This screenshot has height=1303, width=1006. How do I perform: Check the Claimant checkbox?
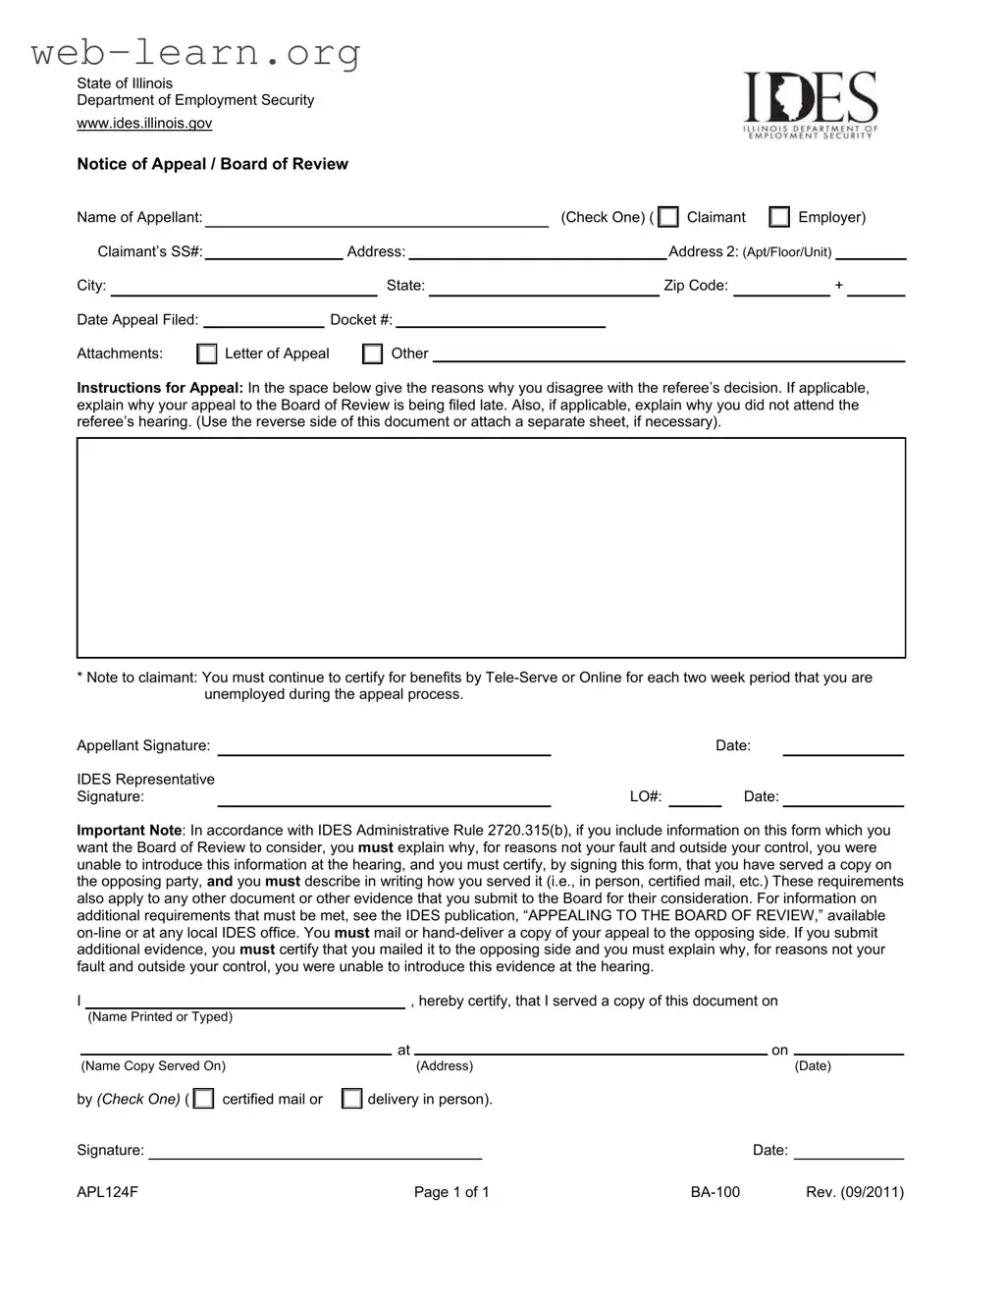coord(668,217)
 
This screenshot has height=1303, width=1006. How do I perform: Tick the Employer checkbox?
coord(779,217)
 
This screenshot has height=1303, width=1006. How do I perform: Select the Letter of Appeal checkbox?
coord(207,353)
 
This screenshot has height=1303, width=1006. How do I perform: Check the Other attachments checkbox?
coord(373,353)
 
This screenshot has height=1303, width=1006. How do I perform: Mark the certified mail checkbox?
coord(203,1099)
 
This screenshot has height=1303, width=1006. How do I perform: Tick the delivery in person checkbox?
coord(351,1099)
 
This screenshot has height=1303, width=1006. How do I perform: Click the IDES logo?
coord(810,105)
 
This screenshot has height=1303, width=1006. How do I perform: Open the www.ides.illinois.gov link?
coord(144,123)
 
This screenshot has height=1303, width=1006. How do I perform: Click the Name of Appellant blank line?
coord(377,220)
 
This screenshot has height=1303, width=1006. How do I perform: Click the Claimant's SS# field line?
coord(274,253)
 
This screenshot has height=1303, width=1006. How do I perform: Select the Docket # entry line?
coord(501,321)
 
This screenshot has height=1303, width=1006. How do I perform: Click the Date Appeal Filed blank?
coord(263,321)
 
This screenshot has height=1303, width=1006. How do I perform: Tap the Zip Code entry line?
coord(781,288)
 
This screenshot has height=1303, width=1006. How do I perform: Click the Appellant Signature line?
coord(384,748)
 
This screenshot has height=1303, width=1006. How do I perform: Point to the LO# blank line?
coord(695,799)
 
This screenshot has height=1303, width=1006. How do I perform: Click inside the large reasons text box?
coord(491,547)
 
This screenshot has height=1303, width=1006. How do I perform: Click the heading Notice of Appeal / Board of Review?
coord(213,164)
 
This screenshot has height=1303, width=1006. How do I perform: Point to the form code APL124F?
coord(108,1192)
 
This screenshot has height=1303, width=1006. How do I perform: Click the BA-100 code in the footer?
coord(715,1192)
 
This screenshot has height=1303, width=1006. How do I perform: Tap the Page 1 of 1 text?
coord(451,1192)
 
